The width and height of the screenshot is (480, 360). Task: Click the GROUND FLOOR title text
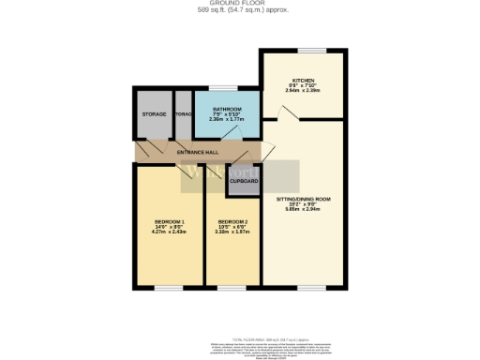coord(240,4)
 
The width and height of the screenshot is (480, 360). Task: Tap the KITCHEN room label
coord(303,81)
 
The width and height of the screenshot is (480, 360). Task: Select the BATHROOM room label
coord(226,109)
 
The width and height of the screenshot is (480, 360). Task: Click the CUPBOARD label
coord(244,180)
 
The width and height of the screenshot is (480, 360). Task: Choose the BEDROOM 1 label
coord(170,221)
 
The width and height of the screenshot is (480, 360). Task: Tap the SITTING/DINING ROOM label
coord(303,200)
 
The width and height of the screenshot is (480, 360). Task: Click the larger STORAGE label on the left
coord(154,114)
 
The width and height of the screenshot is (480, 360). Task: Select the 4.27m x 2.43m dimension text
coord(170,232)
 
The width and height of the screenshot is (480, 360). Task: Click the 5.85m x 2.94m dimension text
coord(303,210)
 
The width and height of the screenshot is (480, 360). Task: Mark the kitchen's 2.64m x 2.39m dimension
coord(303,91)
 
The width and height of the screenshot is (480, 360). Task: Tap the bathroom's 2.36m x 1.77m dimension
coord(226,119)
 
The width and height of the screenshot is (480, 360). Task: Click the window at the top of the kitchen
coord(311,50)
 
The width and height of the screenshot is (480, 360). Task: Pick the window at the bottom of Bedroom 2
coord(231,287)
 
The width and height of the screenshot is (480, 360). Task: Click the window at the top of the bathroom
coord(228,88)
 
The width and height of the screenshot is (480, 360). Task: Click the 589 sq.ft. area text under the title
coord(240,10)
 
